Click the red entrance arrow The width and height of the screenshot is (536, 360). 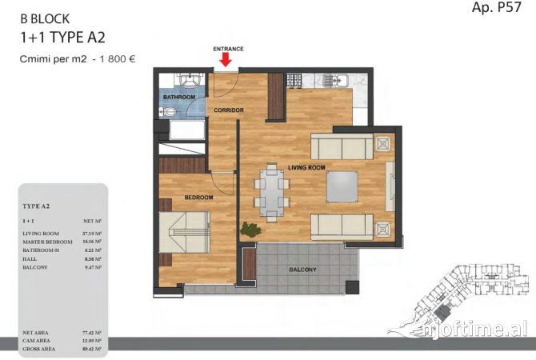(x=226, y=59)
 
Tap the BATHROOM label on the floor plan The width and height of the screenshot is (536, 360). (x=179, y=98)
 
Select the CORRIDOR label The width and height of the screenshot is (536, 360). (x=228, y=110)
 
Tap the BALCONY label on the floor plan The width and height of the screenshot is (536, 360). (x=302, y=270)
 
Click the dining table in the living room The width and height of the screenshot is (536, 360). (x=272, y=194)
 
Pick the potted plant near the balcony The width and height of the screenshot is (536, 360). (x=251, y=229)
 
